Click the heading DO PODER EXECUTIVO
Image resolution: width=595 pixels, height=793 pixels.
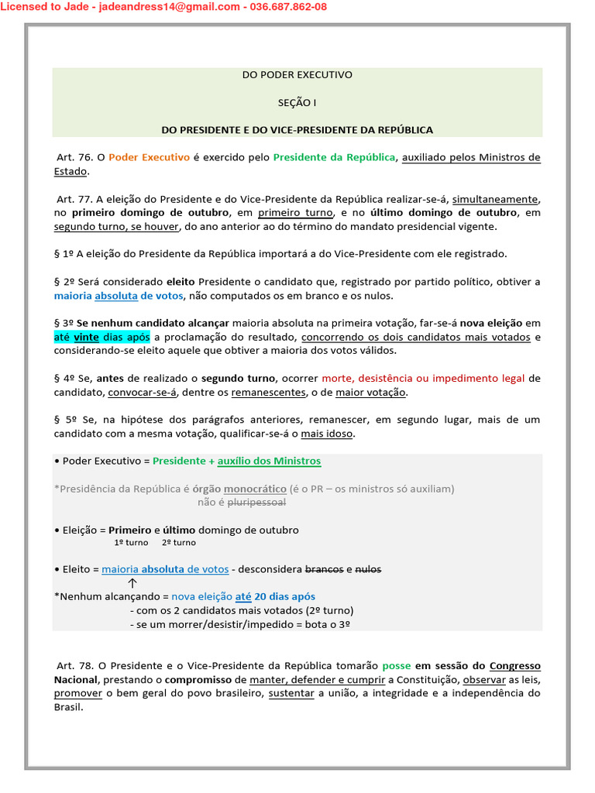(297, 75)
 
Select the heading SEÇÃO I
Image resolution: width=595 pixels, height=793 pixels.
(297, 102)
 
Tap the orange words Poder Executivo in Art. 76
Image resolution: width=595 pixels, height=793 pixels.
(149, 157)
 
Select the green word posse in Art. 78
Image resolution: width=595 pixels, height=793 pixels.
(396, 666)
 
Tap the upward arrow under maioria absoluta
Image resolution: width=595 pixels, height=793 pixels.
(132, 583)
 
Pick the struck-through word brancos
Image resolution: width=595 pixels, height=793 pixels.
(324, 569)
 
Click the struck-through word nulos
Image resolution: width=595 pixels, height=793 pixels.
(368, 569)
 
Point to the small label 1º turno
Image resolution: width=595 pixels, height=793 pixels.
(131, 543)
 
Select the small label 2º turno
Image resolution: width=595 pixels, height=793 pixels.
(179, 543)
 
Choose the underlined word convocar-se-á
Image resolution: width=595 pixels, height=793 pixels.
(143, 393)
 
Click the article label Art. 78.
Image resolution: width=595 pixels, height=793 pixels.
(75, 666)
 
